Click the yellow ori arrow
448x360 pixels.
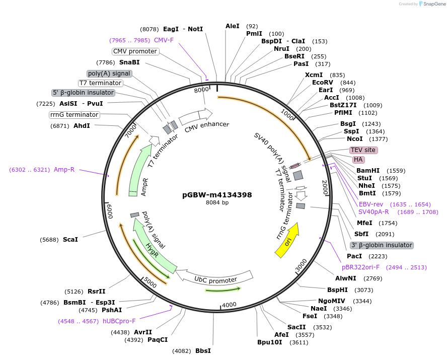coord(287,241)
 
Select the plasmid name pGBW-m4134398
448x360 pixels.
coord(217,195)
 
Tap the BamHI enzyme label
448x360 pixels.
coord(367,171)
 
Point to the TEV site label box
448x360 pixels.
coord(363,150)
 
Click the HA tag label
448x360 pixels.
coord(358,160)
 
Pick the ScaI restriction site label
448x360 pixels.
coord(70,240)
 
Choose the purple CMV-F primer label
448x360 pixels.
coord(164,40)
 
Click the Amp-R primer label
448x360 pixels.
coord(64,170)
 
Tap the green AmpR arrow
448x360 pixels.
coord(139,173)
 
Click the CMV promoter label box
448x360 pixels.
coord(135,51)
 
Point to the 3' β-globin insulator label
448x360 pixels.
coord(382,245)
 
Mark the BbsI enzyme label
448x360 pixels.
coord(203,351)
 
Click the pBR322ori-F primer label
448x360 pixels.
coord(362,267)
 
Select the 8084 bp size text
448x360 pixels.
coord(217,203)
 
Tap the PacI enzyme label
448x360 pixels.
coord(354,256)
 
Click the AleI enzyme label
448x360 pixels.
coord(233,26)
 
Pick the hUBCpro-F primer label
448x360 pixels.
coord(119,321)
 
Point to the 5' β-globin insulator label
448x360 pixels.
coord(84,93)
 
